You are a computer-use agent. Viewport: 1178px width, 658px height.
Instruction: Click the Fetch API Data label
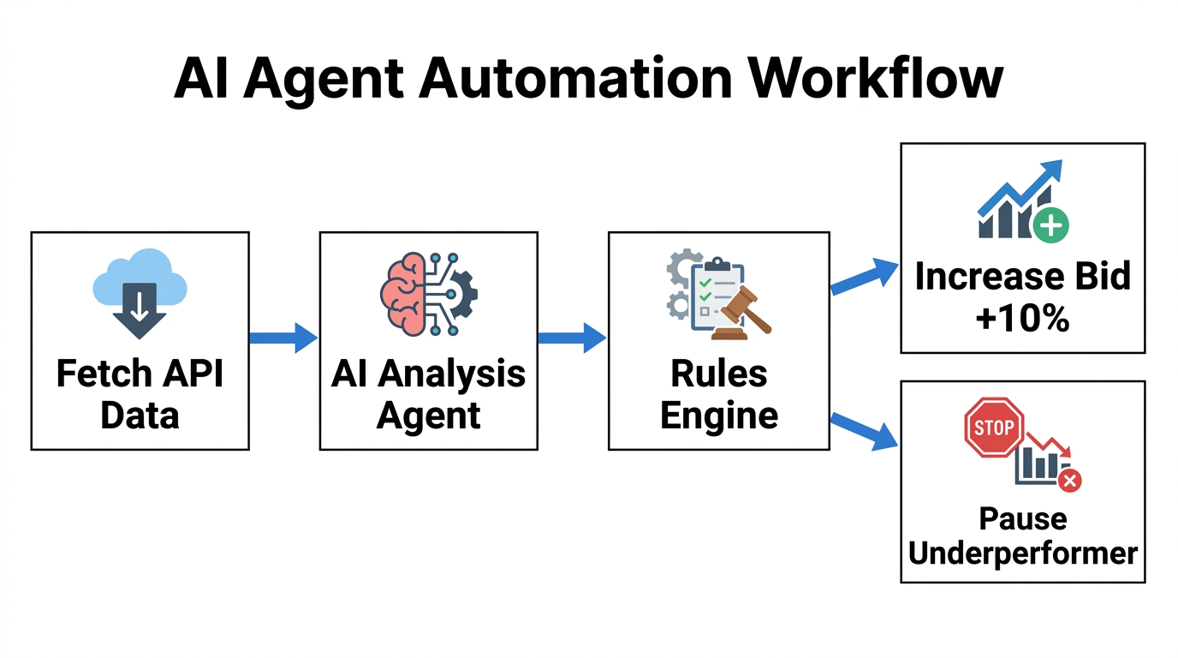tap(140, 395)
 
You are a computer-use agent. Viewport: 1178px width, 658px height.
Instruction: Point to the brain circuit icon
tap(427, 293)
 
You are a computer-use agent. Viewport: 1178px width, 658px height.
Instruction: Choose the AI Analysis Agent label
tap(428, 395)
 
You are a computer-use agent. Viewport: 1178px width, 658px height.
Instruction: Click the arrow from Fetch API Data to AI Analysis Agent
tap(283, 338)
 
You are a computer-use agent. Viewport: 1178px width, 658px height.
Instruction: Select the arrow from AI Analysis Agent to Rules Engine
tap(572, 338)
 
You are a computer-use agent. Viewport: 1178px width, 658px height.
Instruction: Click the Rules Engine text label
tap(718, 395)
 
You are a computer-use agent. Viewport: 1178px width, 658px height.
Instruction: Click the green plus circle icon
tap(1050, 226)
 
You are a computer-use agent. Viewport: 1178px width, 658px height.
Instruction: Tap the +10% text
tap(1022, 319)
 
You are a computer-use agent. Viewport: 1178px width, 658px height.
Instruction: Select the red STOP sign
tap(993, 428)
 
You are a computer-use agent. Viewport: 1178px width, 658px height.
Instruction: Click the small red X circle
tap(1069, 481)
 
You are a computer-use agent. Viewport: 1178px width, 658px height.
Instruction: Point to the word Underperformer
tap(1022, 553)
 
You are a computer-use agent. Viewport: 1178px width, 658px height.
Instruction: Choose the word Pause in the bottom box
tap(1022, 519)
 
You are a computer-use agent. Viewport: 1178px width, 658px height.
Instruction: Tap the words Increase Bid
tap(1022, 277)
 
